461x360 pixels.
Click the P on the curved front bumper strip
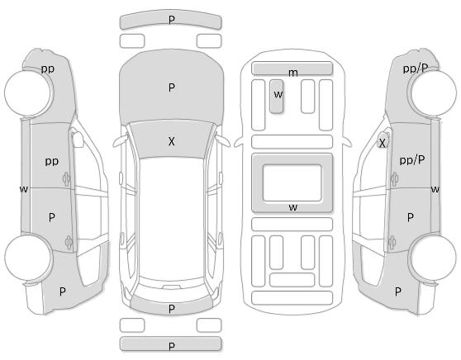171,20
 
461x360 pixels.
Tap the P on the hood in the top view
171,88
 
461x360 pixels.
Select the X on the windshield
171,142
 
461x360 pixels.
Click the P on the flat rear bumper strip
171,346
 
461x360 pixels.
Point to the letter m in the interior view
292,73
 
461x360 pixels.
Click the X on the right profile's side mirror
382,144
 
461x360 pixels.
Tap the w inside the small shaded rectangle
278,94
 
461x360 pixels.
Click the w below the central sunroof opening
292,207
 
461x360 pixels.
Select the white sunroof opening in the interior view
292,183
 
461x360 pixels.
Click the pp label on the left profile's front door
52,161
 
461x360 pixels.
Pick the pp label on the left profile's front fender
48,69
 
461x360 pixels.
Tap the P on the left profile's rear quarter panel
62,291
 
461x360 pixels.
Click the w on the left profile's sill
24,189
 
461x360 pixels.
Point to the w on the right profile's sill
435,189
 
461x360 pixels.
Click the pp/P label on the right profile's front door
412,160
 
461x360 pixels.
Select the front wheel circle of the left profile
27,92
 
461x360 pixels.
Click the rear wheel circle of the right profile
434,258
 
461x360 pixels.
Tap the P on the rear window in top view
171,309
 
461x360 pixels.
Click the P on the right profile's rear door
410,217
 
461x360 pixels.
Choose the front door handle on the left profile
66,178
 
